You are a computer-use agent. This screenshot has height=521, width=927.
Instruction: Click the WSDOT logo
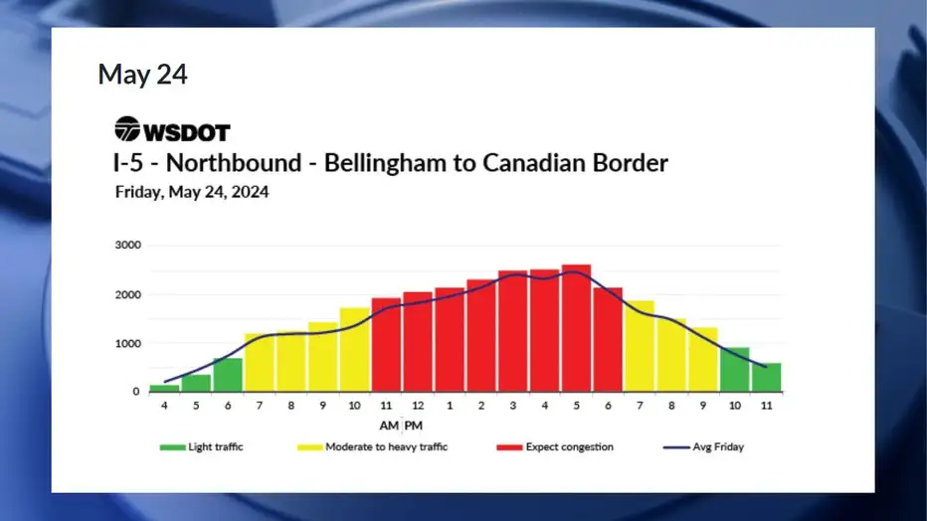tap(171, 130)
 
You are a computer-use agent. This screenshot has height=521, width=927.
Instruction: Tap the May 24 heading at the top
tap(142, 74)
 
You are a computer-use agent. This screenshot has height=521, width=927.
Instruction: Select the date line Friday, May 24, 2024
tap(192, 193)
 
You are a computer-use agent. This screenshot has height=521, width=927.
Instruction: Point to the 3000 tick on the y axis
tap(128, 245)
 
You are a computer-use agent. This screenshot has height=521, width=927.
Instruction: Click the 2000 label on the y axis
tap(128, 294)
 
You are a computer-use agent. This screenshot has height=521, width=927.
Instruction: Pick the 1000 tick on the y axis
tap(128, 344)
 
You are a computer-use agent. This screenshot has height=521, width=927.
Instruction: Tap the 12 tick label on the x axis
tap(417, 406)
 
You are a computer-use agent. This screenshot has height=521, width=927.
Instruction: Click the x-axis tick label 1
tap(450, 406)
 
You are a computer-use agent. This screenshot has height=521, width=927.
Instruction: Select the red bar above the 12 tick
tap(418, 342)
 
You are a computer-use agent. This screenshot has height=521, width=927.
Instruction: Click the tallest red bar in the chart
tap(576, 328)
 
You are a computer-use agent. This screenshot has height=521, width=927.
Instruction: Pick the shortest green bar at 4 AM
tap(164, 388)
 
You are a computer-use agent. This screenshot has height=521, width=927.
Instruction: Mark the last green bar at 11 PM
tap(766, 377)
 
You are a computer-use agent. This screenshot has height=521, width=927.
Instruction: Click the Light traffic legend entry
tap(202, 447)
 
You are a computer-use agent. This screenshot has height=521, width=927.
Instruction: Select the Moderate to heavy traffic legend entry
tap(373, 447)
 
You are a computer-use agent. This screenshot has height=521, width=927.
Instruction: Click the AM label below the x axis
tap(387, 426)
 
